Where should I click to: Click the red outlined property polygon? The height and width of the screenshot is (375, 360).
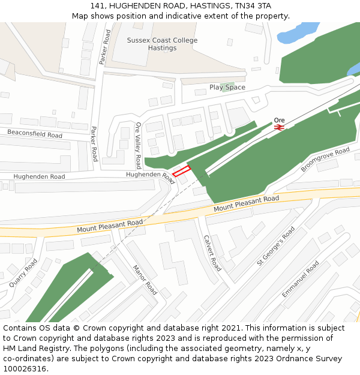pyautogui.click(x=181, y=171)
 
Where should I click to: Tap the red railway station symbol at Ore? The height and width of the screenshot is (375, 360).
pyautogui.click(x=279, y=127)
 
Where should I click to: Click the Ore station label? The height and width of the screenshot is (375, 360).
pyautogui.click(x=279, y=120)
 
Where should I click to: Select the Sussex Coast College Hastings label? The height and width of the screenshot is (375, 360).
pyautogui.click(x=162, y=44)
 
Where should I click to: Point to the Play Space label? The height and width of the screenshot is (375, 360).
pyautogui.click(x=227, y=88)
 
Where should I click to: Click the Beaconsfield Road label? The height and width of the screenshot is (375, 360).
pyautogui.click(x=34, y=133)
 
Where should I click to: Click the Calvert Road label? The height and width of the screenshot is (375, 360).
pyautogui.click(x=212, y=253)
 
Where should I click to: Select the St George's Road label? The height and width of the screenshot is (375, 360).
pyautogui.click(x=275, y=245)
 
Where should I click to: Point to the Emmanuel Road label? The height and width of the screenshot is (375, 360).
pyautogui.click(x=301, y=280)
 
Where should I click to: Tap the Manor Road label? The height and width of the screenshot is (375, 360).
pyautogui.click(x=145, y=280)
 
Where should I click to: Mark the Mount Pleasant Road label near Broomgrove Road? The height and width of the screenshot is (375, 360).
pyautogui.click(x=247, y=203)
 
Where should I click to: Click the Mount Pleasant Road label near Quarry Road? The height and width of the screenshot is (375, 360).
pyautogui.click(x=110, y=226)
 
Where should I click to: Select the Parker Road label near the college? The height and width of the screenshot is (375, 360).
pyautogui.click(x=106, y=47)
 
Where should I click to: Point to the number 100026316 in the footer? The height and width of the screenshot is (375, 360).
pyautogui.click(x=24, y=369)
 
